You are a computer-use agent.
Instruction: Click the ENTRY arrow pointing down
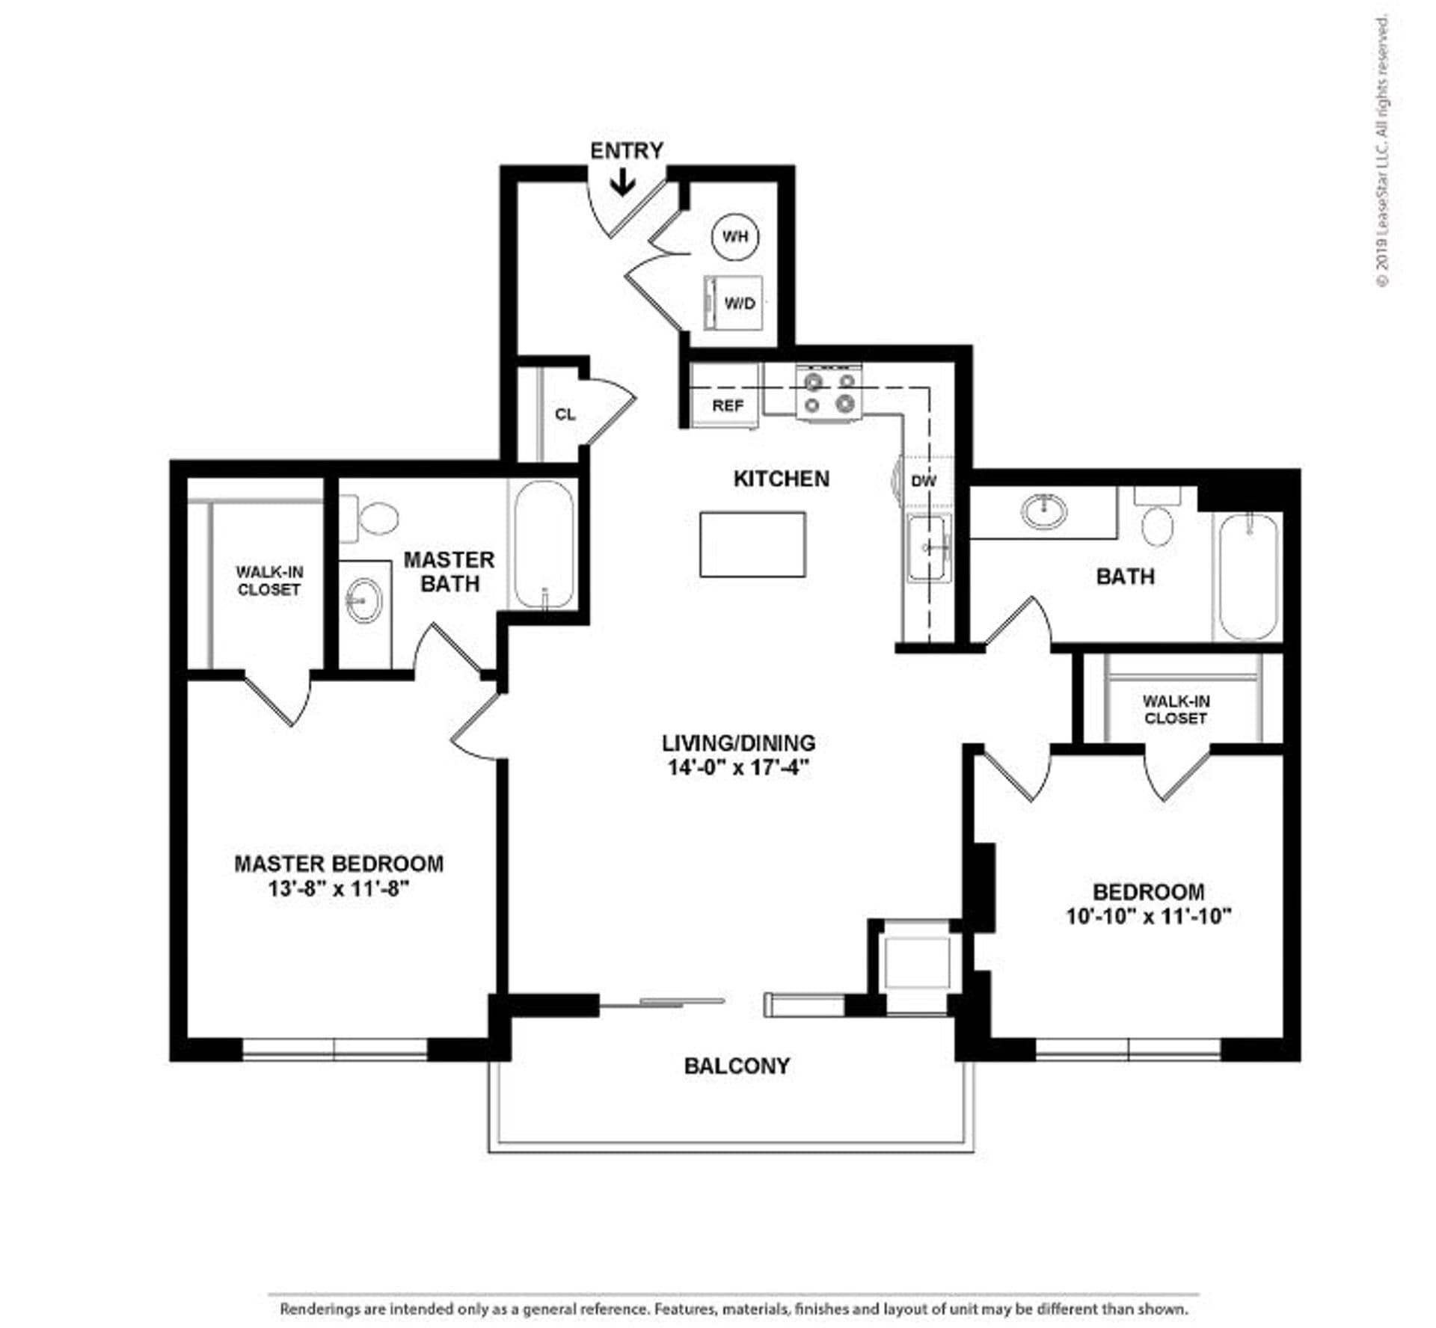(622, 182)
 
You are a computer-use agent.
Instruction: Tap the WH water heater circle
(734, 236)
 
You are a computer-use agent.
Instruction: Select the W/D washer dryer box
(734, 303)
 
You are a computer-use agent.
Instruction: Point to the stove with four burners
(829, 393)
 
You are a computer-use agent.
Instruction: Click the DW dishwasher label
(923, 481)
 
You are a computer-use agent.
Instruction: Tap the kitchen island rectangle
(752, 544)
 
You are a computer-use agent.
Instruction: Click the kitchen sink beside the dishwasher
(928, 547)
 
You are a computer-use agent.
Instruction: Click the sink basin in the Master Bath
(364, 600)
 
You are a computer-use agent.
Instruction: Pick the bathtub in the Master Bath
(544, 544)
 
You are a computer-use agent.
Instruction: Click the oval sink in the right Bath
(1044, 511)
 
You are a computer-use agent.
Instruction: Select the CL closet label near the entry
(565, 414)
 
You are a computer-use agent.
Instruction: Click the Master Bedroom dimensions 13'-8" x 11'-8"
(339, 889)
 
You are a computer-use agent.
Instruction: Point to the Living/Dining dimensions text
(738, 767)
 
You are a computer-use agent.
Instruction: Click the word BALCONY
(737, 1066)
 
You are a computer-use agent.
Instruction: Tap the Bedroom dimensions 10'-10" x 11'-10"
(1148, 916)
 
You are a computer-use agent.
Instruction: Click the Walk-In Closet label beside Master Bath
(269, 580)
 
